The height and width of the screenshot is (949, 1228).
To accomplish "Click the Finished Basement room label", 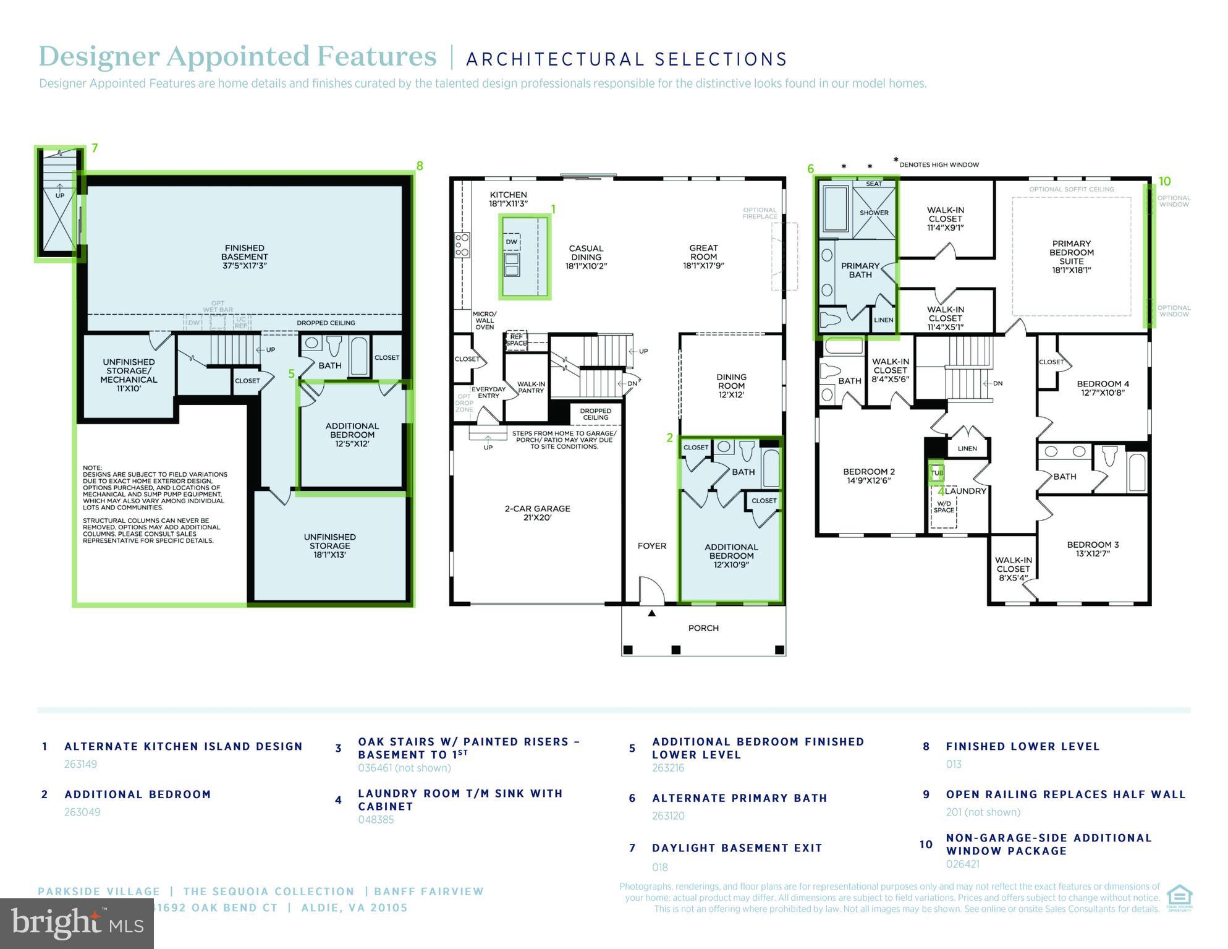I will (244, 257).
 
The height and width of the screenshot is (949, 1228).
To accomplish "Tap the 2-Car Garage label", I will (537, 513).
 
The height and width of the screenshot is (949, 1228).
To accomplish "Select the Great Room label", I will (703, 257).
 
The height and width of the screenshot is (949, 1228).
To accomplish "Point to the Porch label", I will (703, 628).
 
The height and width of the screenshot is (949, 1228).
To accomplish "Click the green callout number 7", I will (95, 148).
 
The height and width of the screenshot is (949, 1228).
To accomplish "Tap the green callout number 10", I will (1164, 181).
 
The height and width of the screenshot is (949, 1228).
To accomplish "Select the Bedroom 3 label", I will (1093, 549).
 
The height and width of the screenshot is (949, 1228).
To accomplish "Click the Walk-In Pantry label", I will (531, 387).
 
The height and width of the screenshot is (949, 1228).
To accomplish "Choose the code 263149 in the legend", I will (80, 764).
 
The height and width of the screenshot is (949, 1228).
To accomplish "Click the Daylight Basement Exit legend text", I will (737, 848).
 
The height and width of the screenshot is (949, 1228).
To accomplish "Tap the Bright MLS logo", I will (77, 923).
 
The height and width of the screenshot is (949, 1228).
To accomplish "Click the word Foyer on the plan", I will (652, 546).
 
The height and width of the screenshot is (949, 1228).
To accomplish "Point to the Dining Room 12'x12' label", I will (731, 385).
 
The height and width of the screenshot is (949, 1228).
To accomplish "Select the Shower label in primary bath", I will (874, 213).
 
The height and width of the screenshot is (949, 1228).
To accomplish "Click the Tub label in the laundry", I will (937, 473).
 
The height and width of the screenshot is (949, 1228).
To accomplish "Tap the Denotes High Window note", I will (939, 164).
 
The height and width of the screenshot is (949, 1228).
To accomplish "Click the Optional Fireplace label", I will (760, 213).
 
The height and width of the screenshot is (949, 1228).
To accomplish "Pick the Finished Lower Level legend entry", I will (1022, 746).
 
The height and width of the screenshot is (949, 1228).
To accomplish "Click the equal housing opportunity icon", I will (1179, 898).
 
